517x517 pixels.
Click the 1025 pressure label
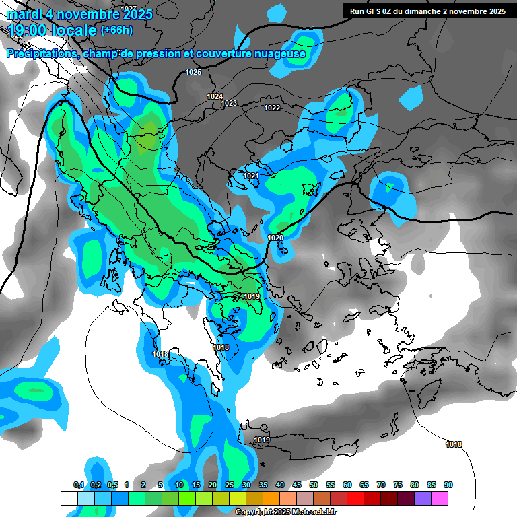tap(193, 72)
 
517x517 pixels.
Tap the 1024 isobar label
tap(215, 97)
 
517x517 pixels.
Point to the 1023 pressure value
tap(229, 103)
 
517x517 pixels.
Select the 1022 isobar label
tap(272, 108)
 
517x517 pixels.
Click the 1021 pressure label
tap(251, 176)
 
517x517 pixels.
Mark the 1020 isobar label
tap(275, 238)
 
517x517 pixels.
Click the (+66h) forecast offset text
tap(116, 30)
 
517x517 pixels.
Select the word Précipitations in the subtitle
tap(40, 54)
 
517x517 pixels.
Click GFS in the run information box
tap(374, 11)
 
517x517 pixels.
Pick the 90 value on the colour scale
tap(448, 485)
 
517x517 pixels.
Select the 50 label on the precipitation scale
tap(314, 485)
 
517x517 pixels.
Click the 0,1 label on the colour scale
tap(78, 485)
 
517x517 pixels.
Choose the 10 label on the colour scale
tap(179, 485)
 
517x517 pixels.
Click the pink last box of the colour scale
tap(440, 498)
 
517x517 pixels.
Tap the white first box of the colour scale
tap(69, 498)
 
